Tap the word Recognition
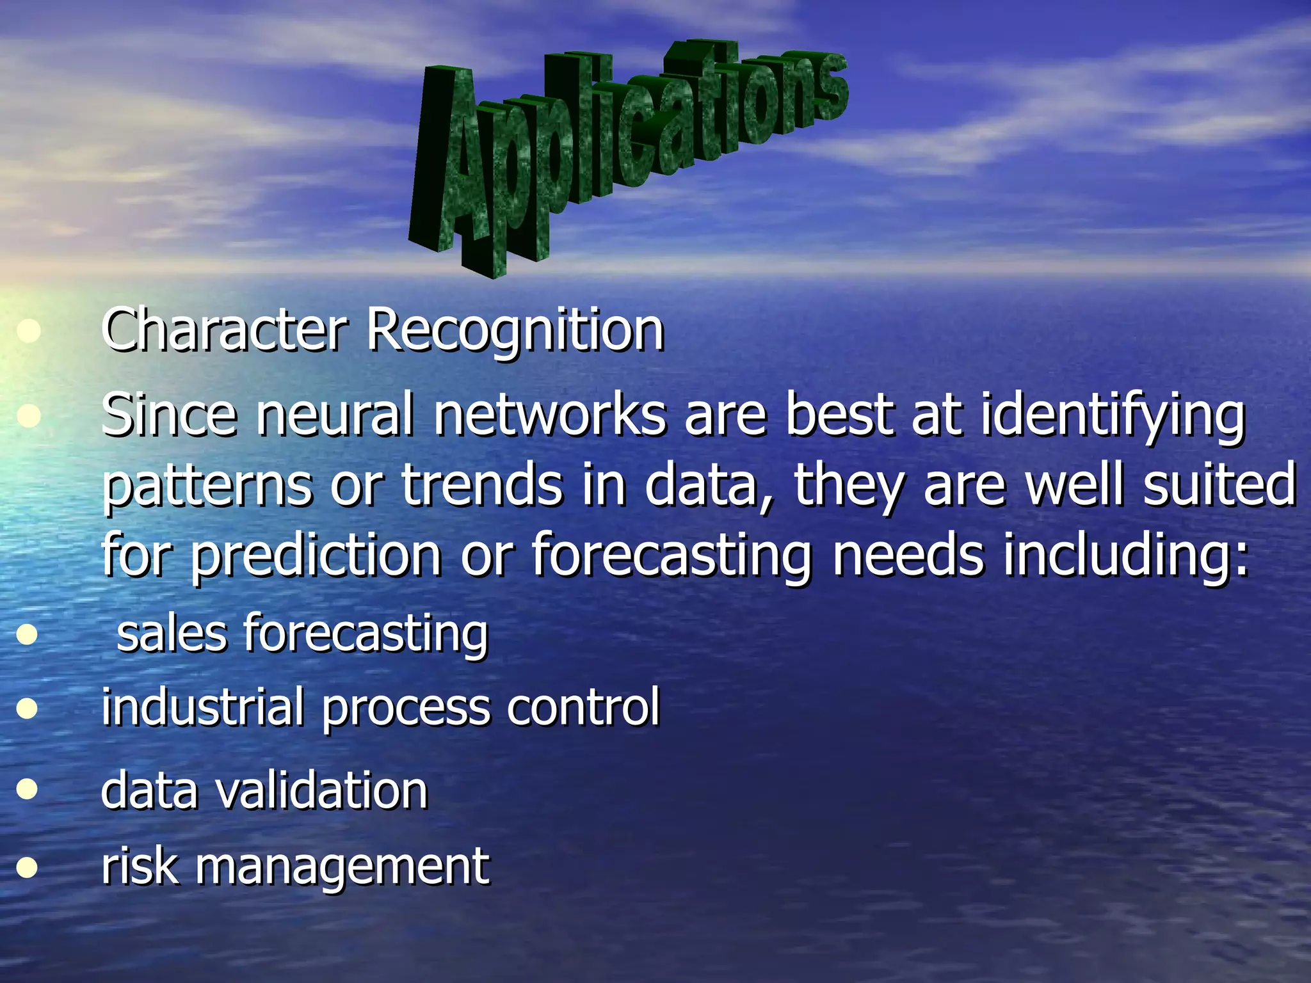[515, 332]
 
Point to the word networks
[550, 415]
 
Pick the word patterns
[207, 486]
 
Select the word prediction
[316, 556]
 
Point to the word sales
[172, 634]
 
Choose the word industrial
[202, 707]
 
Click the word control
[583, 707]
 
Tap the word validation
[321, 790]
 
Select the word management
[342, 867]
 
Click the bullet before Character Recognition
[28, 332]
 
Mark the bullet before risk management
[27, 868]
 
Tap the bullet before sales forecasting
[27, 635]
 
